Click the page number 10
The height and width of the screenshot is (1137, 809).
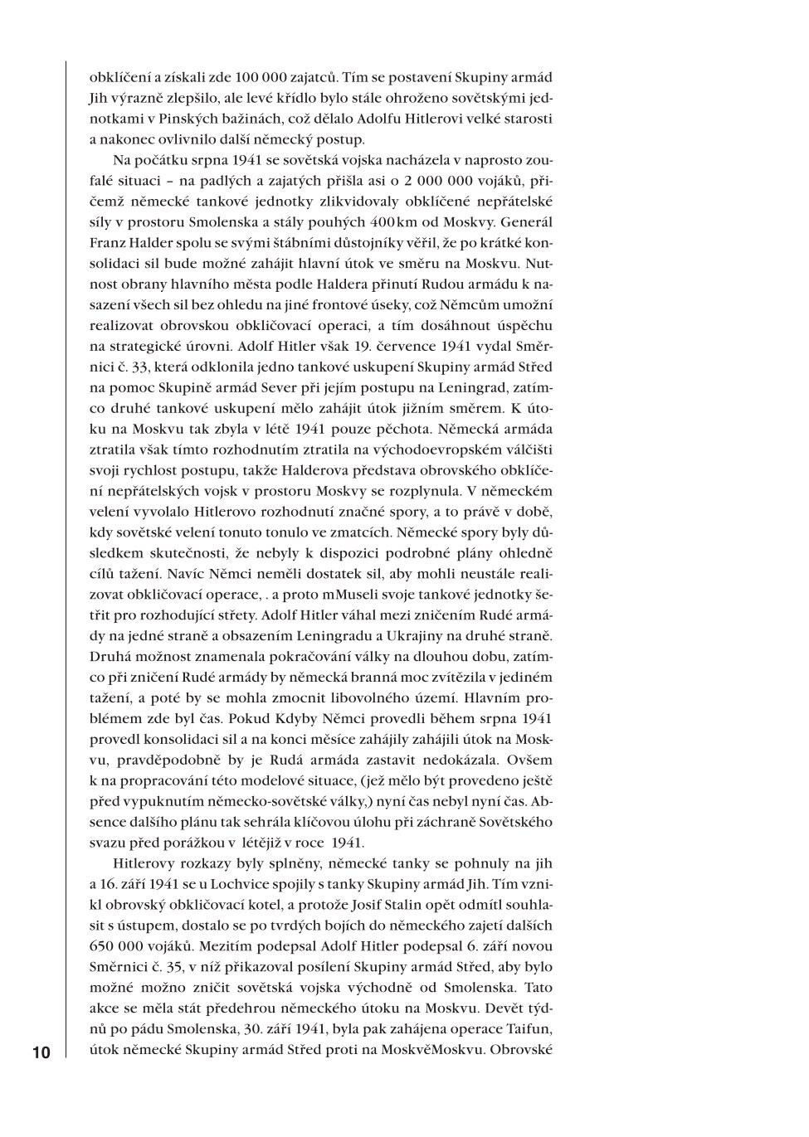(x=41, y=1053)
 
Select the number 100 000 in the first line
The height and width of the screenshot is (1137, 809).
(x=250, y=78)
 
